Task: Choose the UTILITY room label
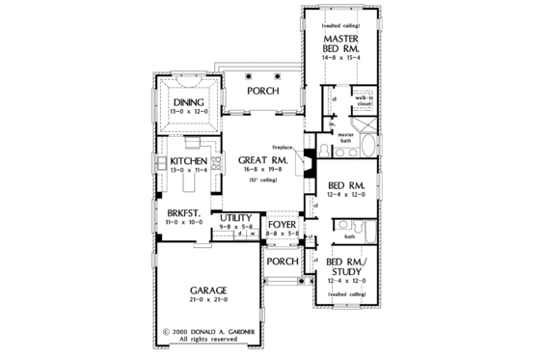point(235,219)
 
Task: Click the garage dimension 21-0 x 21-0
point(207,304)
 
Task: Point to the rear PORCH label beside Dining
point(263,93)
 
